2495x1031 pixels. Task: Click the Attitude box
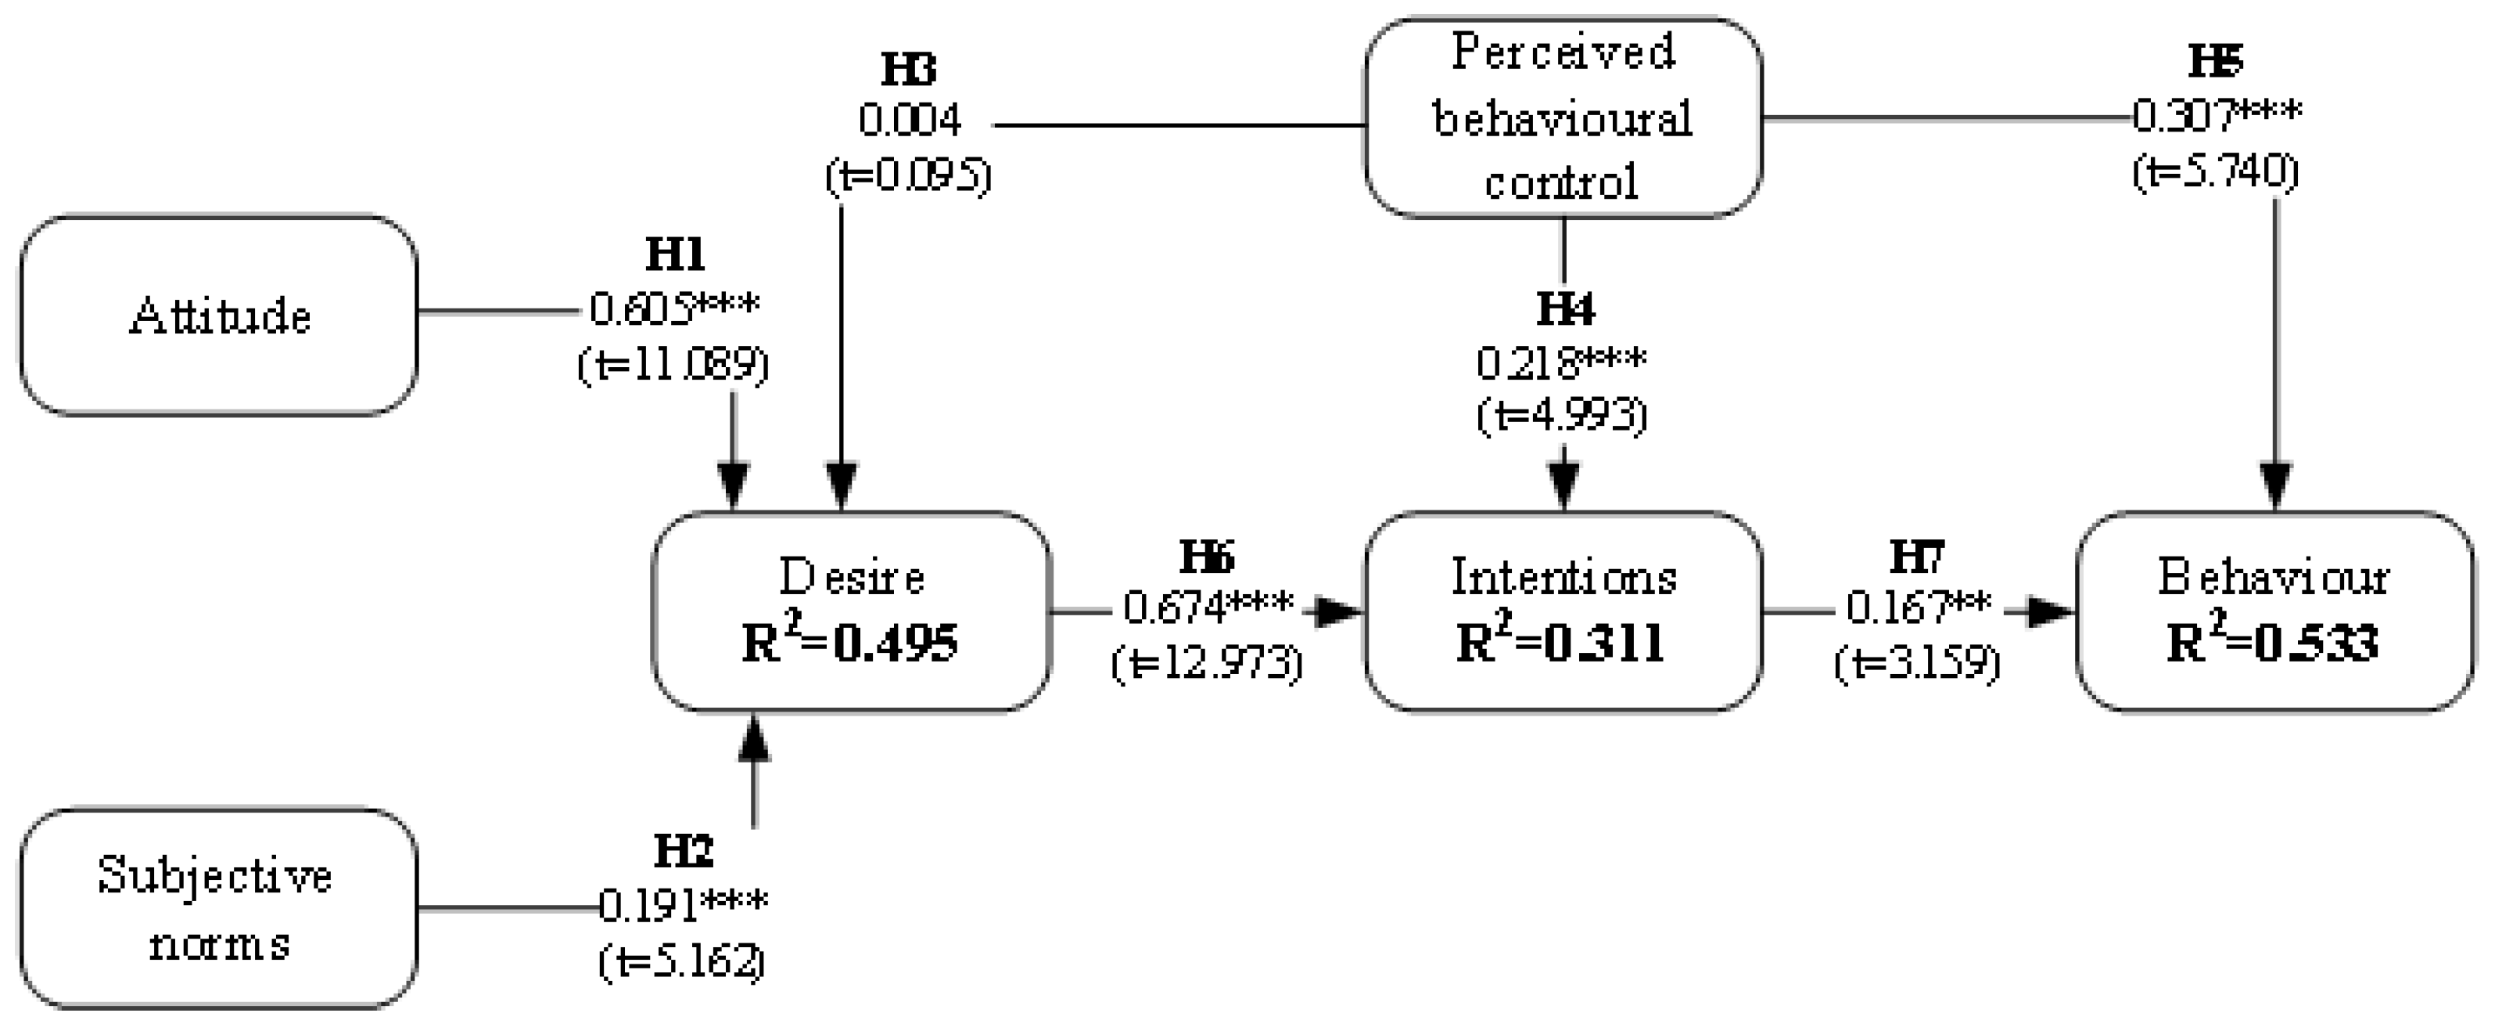click(x=219, y=316)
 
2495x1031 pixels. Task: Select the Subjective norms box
click(x=219, y=909)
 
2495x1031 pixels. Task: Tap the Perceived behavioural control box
click(x=1562, y=117)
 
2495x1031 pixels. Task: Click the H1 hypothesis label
click(x=675, y=256)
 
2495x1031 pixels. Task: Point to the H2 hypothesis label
click(x=683, y=852)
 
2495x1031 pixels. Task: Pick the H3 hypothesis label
click(x=909, y=70)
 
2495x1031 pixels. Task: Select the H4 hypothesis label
click(x=1564, y=309)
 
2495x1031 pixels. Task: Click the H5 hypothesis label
click(x=2215, y=61)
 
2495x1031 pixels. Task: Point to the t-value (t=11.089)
click(x=673, y=366)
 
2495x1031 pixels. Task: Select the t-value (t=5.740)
click(x=2215, y=171)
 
